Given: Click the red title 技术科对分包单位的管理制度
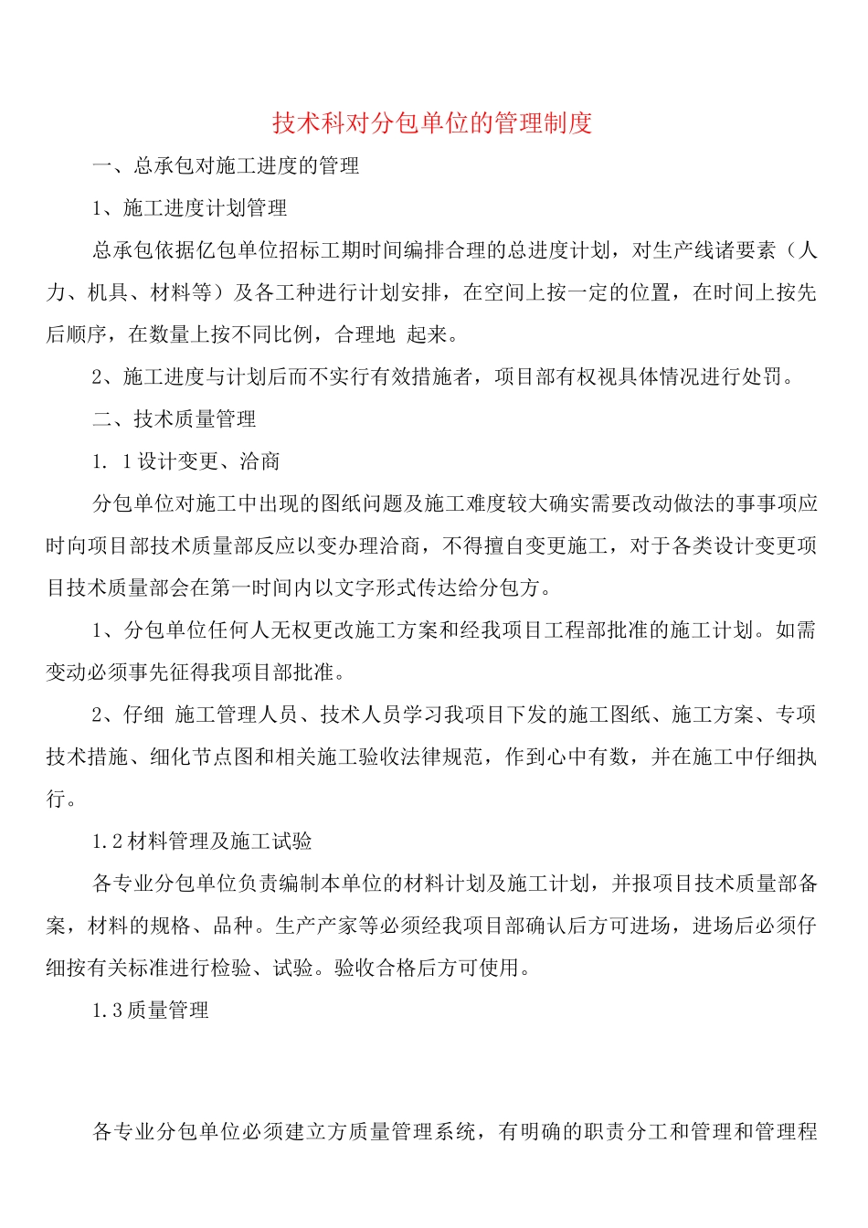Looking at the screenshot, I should pos(432,122).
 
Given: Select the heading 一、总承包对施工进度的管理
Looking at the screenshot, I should pos(226,165).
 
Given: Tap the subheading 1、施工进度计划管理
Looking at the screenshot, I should pos(190,208).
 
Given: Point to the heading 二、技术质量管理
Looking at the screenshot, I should pos(174,419).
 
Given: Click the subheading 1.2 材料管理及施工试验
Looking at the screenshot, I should pos(202,842).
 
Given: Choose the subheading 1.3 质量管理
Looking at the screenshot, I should pos(151,1011).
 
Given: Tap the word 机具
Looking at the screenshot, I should pos(108,292).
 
